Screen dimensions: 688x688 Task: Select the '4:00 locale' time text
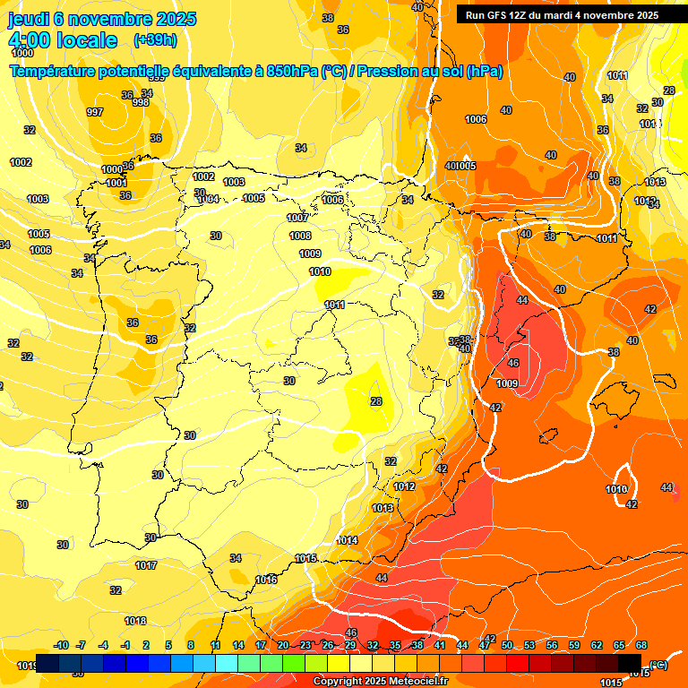(63, 40)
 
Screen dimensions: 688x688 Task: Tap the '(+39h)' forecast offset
(155, 40)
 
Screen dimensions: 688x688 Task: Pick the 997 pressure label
(95, 112)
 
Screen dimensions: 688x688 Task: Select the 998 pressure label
(141, 102)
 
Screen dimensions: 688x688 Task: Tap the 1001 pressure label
(116, 183)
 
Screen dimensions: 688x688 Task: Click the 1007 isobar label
(297, 218)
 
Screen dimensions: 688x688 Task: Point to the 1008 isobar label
(300, 236)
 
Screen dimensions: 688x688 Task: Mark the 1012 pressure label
(404, 486)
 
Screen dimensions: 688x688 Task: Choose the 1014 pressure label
(348, 540)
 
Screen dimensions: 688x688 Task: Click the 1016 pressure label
(266, 580)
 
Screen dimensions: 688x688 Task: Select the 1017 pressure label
(146, 565)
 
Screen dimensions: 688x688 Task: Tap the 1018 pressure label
(135, 621)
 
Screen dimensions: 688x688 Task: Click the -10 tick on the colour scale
(62, 645)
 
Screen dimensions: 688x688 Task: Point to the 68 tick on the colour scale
(641, 645)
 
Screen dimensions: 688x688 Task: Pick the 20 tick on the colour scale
(283, 645)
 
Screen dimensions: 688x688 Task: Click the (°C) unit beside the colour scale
(658, 664)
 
